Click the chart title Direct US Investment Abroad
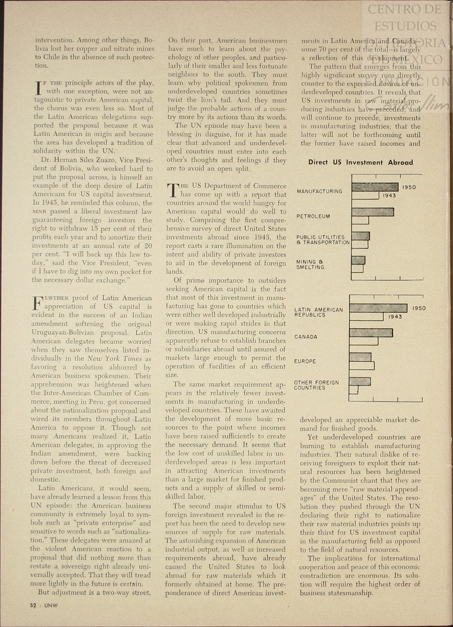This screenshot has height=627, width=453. (360, 162)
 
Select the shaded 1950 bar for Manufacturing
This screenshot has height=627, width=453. (375, 187)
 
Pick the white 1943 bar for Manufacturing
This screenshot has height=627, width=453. (365, 196)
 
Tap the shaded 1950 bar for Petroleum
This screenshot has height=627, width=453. (373, 212)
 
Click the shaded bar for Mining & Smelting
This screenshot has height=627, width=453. (358, 260)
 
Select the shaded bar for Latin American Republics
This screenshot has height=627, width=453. (378, 308)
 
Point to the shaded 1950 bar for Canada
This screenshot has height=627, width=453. (371, 333)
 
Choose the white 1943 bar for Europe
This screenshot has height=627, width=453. (362, 365)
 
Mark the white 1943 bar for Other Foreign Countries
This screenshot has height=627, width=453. (354, 390)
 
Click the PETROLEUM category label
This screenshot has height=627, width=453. (313, 217)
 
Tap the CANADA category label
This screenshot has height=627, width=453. (305, 337)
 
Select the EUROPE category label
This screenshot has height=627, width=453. (305, 361)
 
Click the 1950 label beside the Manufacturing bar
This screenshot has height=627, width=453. (409, 187)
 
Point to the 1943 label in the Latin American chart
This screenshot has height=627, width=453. (395, 317)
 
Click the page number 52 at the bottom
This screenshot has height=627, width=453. (33, 605)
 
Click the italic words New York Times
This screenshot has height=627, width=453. (114, 359)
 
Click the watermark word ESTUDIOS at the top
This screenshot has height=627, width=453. (405, 26)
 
